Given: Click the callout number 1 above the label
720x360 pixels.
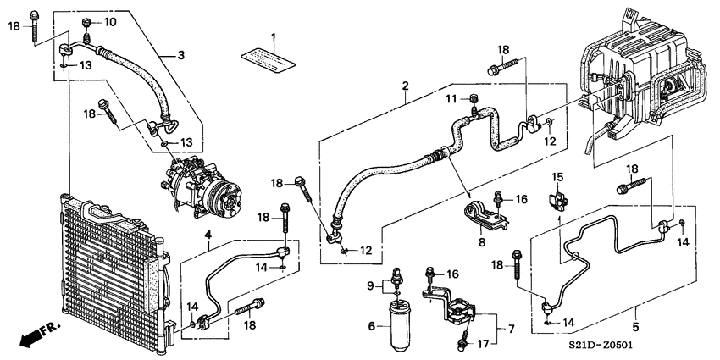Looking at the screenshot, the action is [x=274, y=36].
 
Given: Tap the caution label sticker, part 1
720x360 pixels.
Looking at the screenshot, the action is [x=269, y=59].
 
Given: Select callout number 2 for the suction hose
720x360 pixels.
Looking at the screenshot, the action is [x=405, y=86].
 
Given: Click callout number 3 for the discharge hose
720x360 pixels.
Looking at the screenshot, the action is [x=181, y=56].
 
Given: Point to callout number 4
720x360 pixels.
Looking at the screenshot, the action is [x=208, y=235].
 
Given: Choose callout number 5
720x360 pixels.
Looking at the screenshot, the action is [x=635, y=327].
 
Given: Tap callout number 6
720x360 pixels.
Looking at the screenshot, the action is [x=372, y=326].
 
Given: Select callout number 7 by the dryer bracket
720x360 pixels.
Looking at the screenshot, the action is [x=511, y=329].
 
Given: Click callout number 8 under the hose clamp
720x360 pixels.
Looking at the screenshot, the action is [x=482, y=242].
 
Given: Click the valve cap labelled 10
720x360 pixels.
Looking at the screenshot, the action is [x=86, y=23].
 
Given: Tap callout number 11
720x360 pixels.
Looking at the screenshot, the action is [x=451, y=99].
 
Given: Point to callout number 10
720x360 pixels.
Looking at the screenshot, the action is [x=110, y=21].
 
